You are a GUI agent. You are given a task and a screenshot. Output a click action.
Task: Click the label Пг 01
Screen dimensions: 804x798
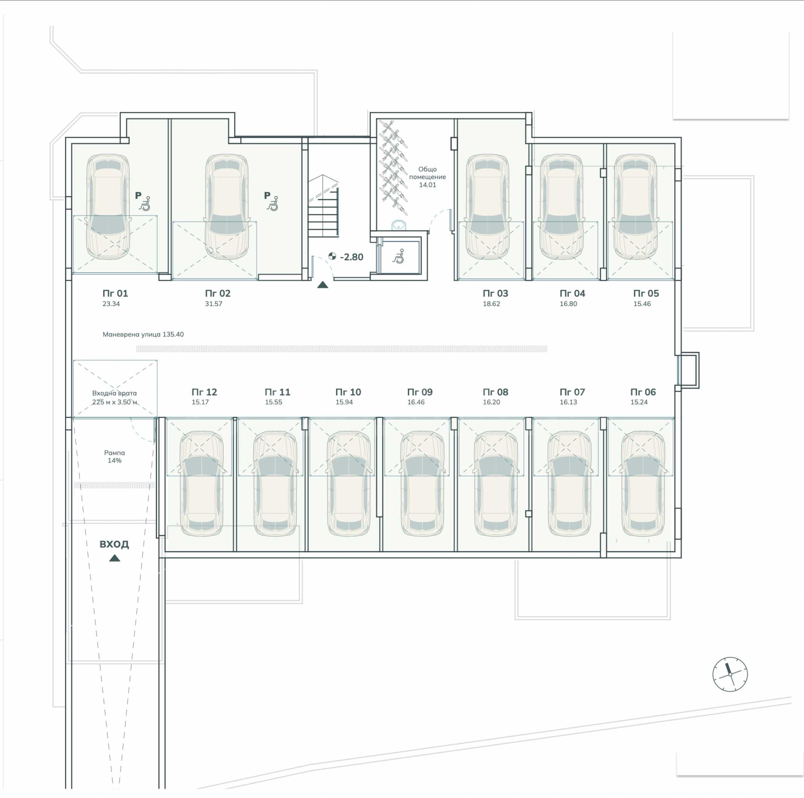tap(115, 293)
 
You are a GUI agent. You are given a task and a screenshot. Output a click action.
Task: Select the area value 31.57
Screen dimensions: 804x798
tap(214, 304)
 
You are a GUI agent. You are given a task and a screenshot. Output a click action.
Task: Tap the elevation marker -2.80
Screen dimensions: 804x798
tap(346, 257)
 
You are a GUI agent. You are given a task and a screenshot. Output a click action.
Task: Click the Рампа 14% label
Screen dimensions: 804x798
tap(114, 457)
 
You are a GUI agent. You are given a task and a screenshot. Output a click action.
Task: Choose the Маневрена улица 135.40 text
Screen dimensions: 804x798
tap(143, 334)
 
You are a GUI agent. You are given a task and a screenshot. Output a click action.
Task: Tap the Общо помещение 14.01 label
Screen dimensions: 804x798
tap(427, 177)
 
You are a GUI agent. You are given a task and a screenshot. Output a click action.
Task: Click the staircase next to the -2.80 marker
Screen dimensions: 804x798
tap(323, 206)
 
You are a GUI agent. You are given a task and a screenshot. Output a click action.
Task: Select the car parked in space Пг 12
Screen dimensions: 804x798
tap(201, 483)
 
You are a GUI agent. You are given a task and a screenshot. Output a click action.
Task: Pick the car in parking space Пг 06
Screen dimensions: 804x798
tap(643, 483)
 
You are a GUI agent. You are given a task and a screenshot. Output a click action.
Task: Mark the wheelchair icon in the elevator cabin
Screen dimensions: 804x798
tap(399, 256)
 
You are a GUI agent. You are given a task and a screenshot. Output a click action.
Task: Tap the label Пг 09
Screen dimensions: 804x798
tap(420, 392)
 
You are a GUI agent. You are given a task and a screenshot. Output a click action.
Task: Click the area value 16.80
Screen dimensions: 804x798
tap(568, 304)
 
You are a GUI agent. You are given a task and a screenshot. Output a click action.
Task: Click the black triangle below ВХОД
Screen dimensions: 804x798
tap(114, 558)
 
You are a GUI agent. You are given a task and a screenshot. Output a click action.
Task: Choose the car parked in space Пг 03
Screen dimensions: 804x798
tap(487, 207)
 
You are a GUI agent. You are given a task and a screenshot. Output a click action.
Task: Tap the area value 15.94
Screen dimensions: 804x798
tap(344, 402)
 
